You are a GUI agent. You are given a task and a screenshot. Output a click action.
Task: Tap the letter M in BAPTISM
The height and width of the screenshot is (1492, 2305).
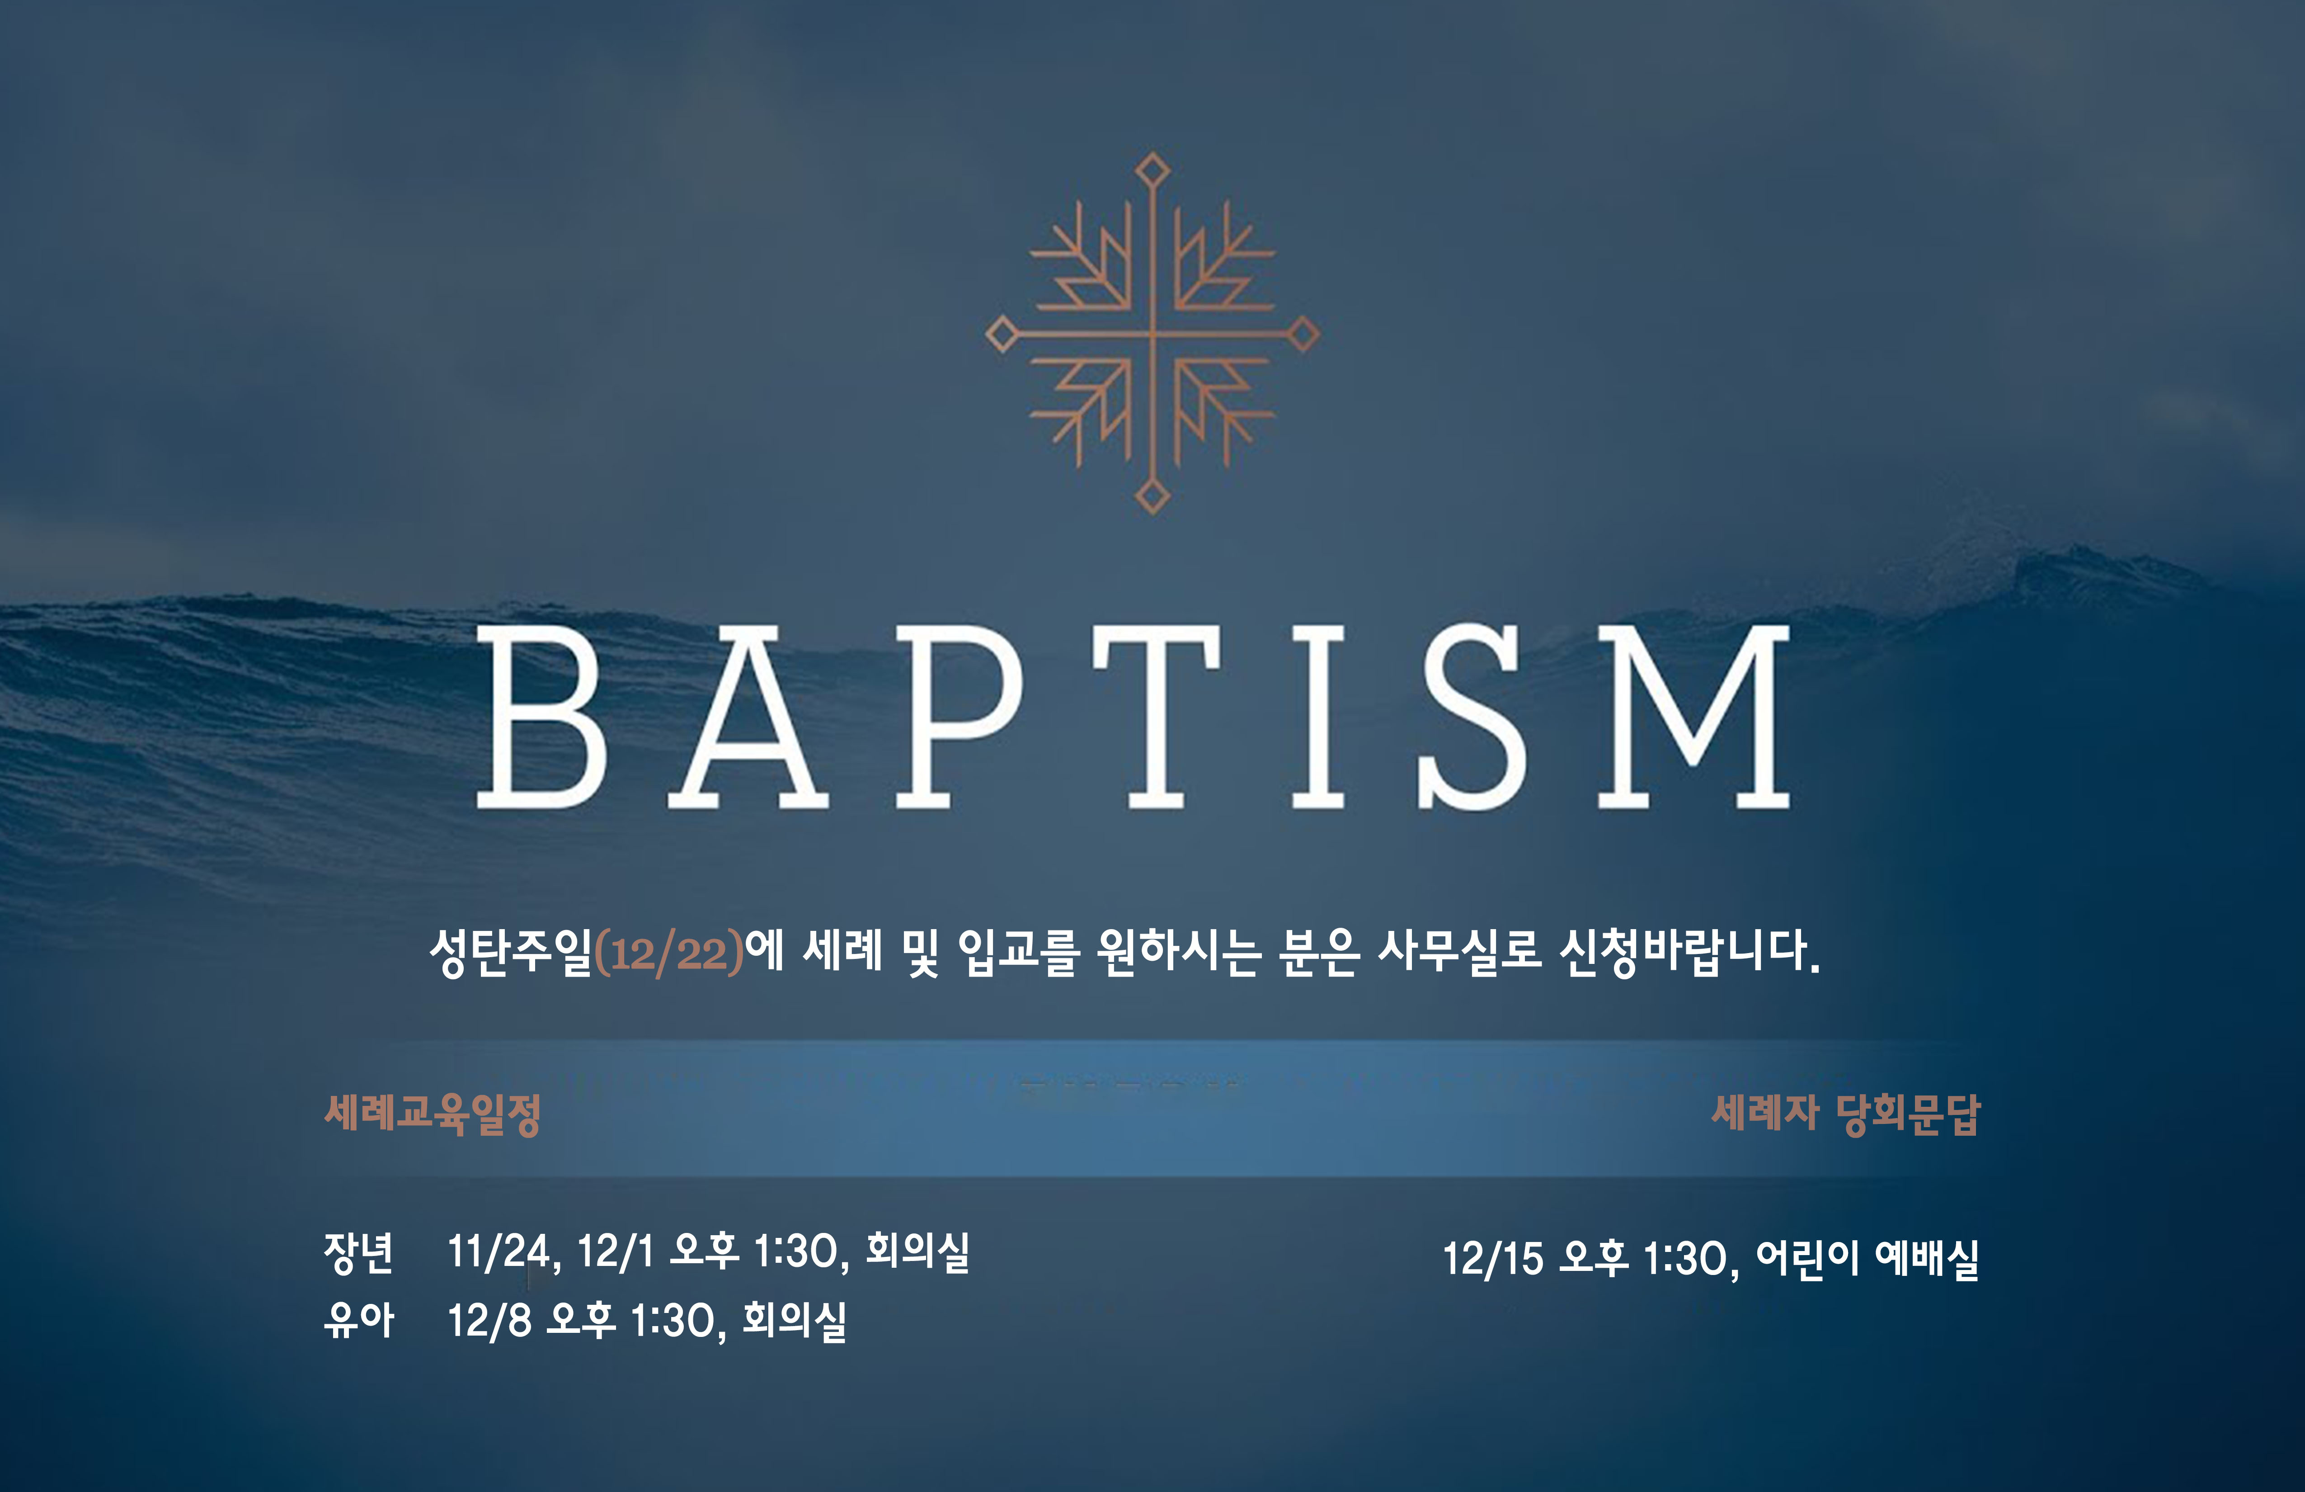coord(1693,717)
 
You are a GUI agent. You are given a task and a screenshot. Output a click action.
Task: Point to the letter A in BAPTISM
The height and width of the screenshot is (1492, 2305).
coord(748,717)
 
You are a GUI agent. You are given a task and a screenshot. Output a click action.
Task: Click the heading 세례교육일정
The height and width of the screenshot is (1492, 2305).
coord(432,1114)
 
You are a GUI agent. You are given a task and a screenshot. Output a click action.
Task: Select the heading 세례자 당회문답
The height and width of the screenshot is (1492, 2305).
coord(1846,1114)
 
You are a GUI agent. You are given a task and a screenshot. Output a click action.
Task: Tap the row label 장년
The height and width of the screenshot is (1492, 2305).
coord(358,1252)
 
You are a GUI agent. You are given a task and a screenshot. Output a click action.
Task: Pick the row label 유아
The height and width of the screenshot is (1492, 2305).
coord(358,1320)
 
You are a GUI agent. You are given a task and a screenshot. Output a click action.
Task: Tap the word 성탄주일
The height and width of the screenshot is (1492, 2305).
coord(510,952)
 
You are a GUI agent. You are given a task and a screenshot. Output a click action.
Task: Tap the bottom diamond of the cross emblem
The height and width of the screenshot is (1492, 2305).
coord(1152,496)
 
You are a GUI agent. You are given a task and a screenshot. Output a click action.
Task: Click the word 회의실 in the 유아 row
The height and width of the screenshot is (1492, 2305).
coord(794,1320)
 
